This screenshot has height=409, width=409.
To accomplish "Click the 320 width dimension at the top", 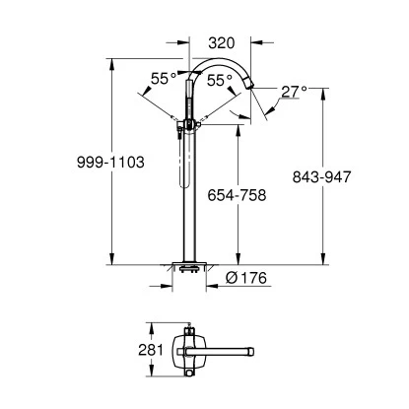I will point(221,42).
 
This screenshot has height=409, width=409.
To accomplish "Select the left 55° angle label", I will point(163,76).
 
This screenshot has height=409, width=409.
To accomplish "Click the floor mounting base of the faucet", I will point(187,266).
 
